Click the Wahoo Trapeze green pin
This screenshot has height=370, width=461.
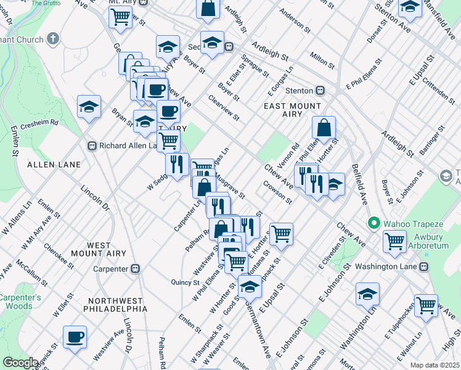click(x=372, y=222)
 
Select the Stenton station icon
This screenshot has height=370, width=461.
click(x=320, y=90)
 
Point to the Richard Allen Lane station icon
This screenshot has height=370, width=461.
click(x=91, y=146)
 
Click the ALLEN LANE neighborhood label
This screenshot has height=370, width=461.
click(x=54, y=165)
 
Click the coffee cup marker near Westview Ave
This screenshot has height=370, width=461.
click(x=75, y=337)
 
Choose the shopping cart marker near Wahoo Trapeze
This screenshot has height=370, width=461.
click(x=394, y=241)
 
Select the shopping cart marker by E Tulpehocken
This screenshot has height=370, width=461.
click(x=426, y=305)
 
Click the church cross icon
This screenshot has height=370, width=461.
click(x=53, y=39)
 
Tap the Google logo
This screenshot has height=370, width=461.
click(x=21, y=363)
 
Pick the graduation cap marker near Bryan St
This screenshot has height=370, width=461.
click(x=145, y=121)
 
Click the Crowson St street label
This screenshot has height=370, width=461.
click(x=277, y=192)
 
